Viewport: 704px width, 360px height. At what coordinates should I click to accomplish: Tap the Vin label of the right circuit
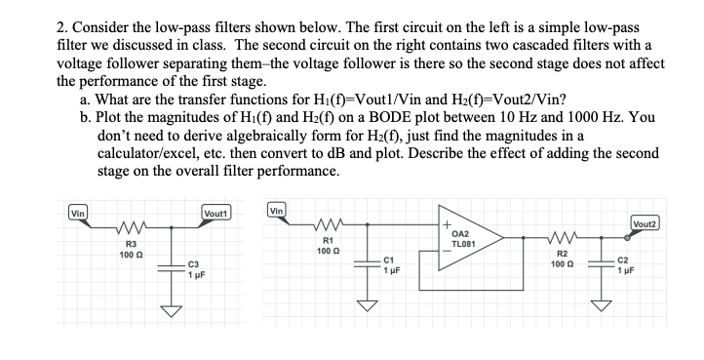[x=277, y=210]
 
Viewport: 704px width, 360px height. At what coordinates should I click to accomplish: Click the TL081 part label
[x=463, y=242]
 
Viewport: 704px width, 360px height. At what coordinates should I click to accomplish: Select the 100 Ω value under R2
[x=558, y=263]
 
